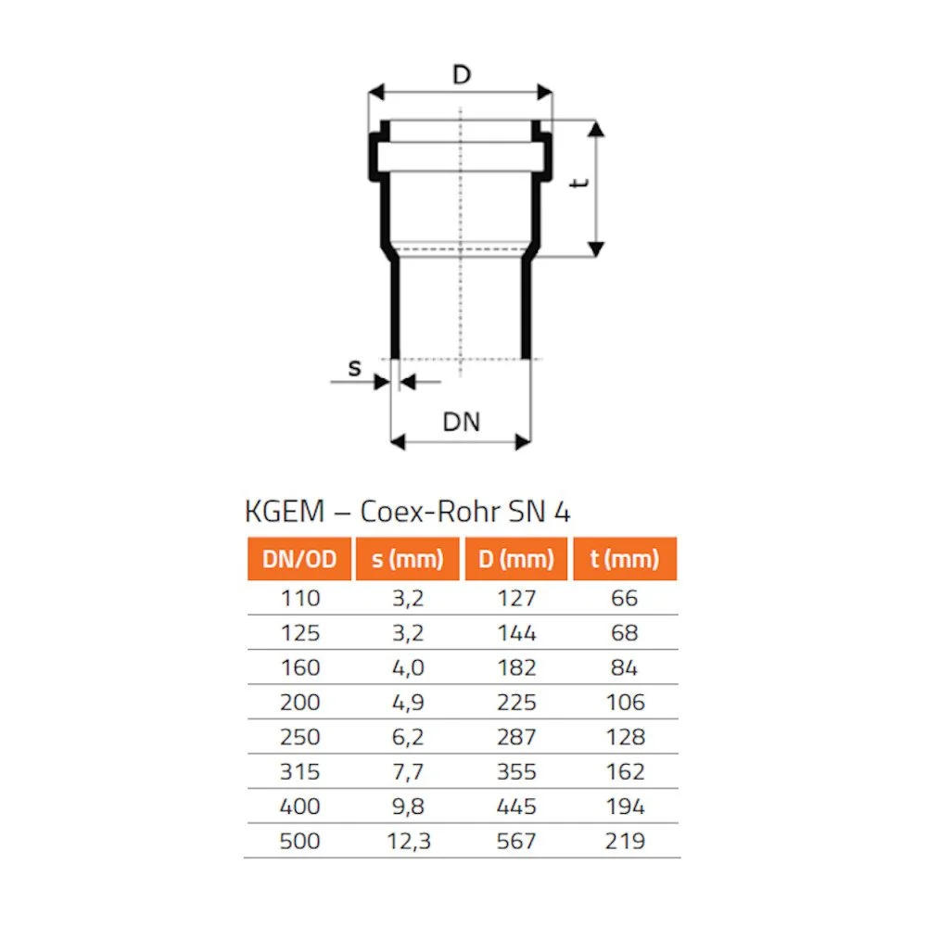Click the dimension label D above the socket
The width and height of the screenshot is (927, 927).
[x=461, y=74]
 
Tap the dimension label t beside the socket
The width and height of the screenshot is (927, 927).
[x=580, y=184]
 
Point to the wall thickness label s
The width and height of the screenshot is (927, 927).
[x=355, y=368]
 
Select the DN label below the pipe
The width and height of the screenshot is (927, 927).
[x=461, y=422]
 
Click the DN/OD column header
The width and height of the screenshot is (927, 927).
[x=298, y=559]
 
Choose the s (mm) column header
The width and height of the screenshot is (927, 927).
[x=407, y=559]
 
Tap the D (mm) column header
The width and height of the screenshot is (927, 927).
[x=516, y=559]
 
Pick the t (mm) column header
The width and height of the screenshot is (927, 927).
[x=625, y=559]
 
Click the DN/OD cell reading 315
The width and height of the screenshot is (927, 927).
[x=299, y=772]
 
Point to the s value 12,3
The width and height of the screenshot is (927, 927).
[x=407, y=842]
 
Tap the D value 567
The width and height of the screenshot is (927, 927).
[x=516, y=842]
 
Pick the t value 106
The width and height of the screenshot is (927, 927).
[x=625, y=703]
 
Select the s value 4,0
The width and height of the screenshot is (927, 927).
[x=407, y=667]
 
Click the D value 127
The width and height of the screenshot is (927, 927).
[x=516, y=599]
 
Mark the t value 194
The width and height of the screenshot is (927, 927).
[x=625, y=806]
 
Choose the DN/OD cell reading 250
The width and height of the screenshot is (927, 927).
[x=299, y=737]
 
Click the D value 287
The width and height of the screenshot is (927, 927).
[x=516, y=737]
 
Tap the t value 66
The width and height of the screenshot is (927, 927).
[x=625, y=599]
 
